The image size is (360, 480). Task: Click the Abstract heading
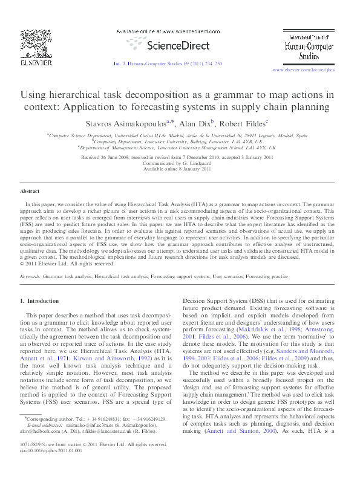click(x=31, y=191)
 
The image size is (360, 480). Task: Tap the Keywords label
click(x=30, y=276)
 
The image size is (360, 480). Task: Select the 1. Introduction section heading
click(x=39, y=300)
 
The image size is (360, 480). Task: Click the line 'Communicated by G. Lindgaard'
click(x=180, y=163)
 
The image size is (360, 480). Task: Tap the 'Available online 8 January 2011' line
click(x=180, y=169)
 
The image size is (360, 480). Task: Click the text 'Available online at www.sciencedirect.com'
click(x=166, y=30)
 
